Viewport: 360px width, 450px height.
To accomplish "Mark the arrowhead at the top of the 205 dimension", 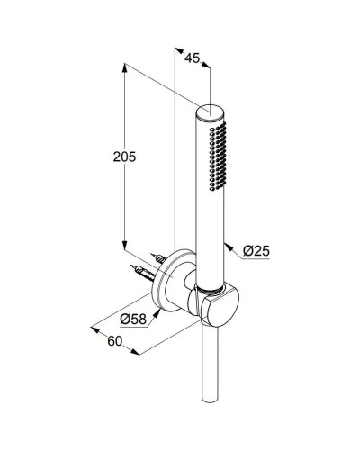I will coord(121,64).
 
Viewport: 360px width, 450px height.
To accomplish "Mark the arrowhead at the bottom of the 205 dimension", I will coord(121,247).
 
